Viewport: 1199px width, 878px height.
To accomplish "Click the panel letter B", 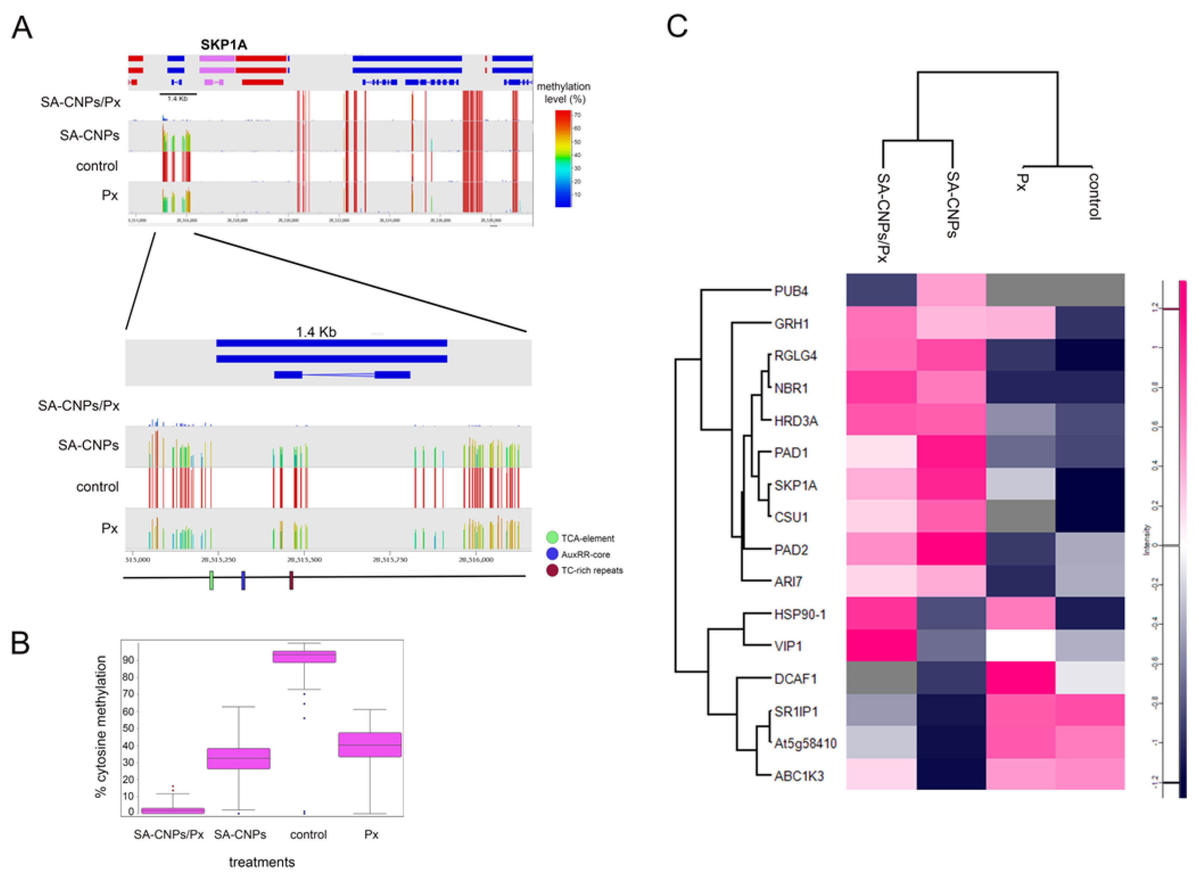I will (x=20, y=643).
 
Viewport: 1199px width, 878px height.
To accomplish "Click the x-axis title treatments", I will (x=261, y=862).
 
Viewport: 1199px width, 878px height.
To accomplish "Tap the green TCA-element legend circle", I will (x=552, y=538).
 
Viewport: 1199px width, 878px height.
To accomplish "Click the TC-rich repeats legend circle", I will (x=552, y=570).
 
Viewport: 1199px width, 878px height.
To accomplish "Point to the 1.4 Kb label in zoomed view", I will (x=316, y=332).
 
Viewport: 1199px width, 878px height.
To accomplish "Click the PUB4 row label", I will (x=791, y=291).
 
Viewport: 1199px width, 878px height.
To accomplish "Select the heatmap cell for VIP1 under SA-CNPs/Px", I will (x=881, y=646).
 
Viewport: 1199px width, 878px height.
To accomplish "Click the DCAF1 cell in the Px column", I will (x=1021, y=678).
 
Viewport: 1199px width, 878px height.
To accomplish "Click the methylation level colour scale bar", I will (x=563, y=158).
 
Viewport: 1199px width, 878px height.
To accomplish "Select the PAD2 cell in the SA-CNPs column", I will (x=951, y=549).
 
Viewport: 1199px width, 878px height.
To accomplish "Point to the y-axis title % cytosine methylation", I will (x=101, y=726).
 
